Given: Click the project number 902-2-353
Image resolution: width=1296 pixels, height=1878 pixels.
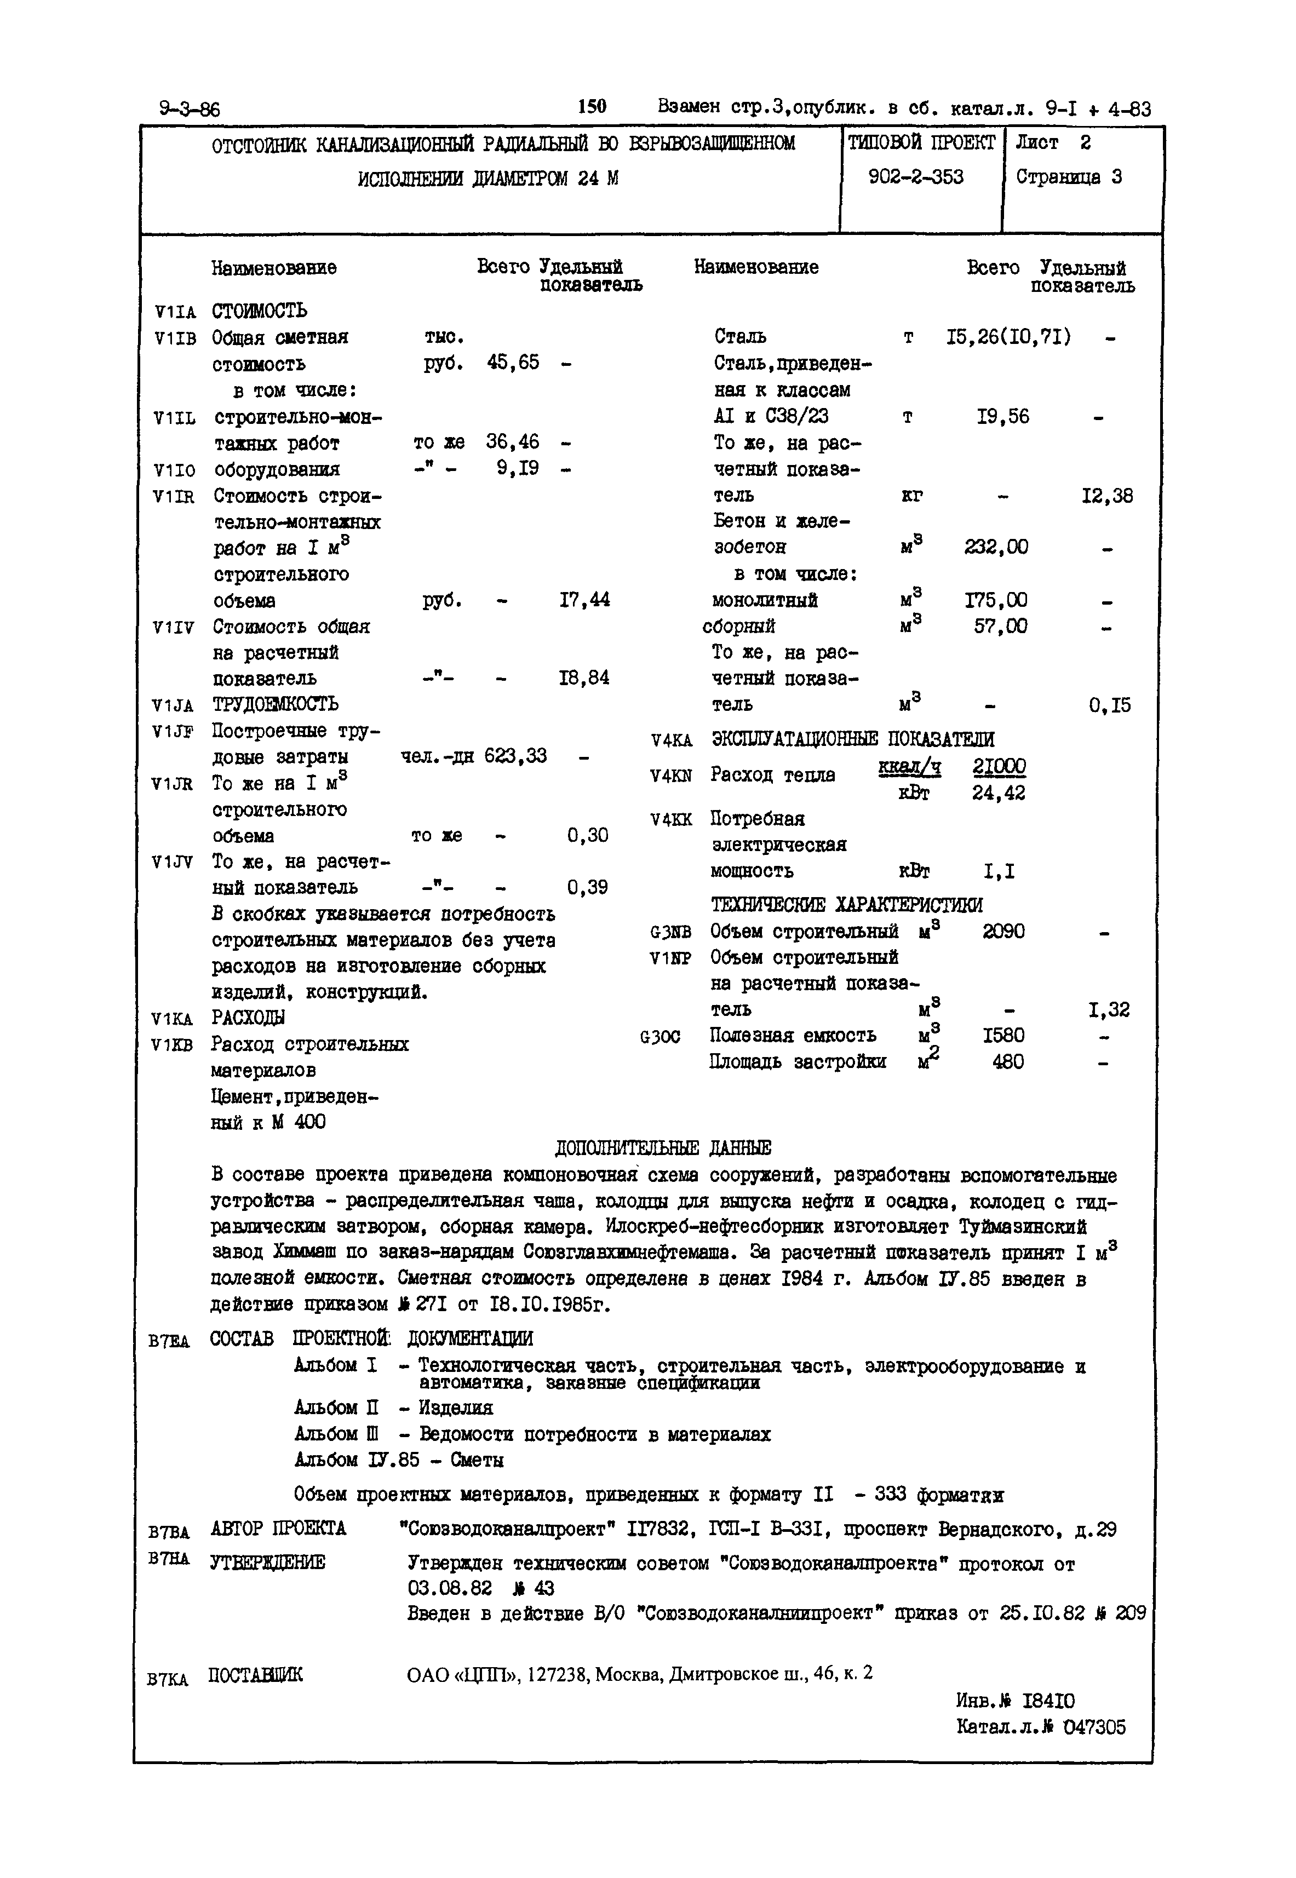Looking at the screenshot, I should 915,177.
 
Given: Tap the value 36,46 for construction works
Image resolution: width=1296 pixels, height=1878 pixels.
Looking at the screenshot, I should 512,443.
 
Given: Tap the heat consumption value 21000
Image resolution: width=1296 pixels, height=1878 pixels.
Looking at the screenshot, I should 999,766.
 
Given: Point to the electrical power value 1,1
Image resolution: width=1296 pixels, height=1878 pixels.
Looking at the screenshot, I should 999,872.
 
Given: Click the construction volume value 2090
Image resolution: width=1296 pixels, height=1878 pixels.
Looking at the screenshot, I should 1003,931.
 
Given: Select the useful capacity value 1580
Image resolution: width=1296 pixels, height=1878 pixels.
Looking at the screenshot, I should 1003,1035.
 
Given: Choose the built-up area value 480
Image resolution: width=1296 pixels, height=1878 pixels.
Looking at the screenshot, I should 1008,1062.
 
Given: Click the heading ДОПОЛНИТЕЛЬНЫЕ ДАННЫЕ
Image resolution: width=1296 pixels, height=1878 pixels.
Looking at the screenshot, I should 663,1147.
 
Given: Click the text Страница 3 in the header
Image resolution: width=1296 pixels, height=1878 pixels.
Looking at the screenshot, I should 1069,177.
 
